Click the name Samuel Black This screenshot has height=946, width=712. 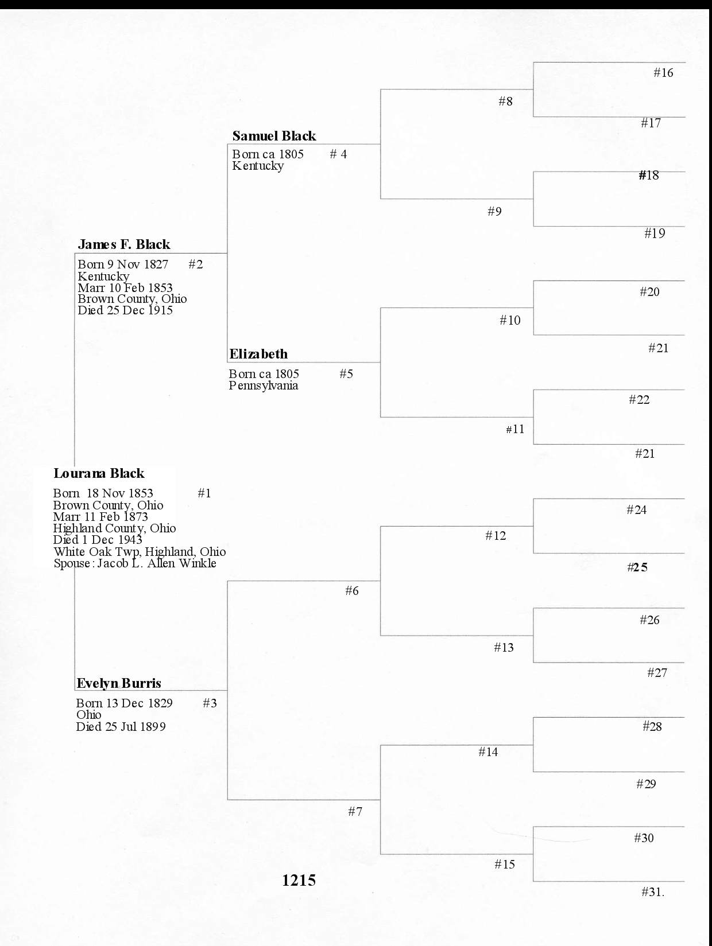[274, 136]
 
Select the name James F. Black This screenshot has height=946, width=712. [124, 244]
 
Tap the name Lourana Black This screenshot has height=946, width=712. [99, 473]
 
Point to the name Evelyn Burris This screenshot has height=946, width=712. [119, 683]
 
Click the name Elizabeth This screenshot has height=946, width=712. [258, 354]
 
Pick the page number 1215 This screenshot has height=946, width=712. [299, 880]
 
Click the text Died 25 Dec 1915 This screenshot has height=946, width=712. [125, 310]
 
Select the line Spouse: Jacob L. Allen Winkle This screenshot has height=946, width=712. [135, 563]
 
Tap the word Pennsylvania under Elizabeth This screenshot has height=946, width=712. [264, 386]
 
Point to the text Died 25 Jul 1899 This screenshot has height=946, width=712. [121, 727]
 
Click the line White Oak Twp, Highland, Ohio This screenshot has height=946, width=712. [140, 552]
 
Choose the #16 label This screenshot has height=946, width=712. [663, 73]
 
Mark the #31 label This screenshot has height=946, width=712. [652, 892]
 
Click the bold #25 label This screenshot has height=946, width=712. [637, 567]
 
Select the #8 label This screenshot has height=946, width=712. [505, 102]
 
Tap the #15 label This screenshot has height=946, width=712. [505, 865]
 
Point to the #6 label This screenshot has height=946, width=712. [352, 591]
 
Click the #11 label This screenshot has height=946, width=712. [515, 429]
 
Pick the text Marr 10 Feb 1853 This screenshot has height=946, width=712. [125, 288]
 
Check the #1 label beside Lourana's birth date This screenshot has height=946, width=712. [204, 493]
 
